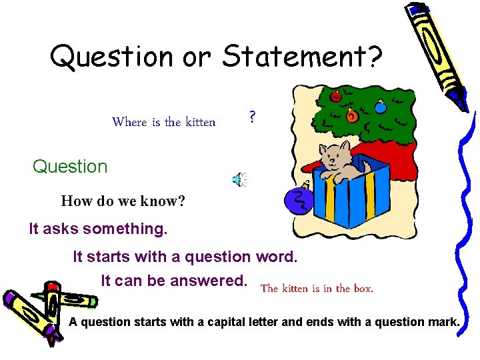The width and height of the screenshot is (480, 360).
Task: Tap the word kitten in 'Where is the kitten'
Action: click(199, 122)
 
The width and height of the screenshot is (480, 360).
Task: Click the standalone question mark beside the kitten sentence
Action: click(252, 117)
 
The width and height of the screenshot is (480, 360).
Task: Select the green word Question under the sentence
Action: click(70, 167)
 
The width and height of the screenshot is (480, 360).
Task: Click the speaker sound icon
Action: click(239, 179)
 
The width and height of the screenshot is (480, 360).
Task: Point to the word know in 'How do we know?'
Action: click(160, 201)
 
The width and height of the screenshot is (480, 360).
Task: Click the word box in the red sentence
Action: click(363, 289)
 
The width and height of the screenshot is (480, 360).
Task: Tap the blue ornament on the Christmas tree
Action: click(380, 106)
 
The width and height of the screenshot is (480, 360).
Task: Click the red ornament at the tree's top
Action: click(336, 95)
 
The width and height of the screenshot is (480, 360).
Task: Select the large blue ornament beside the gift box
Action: click(299, 201)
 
